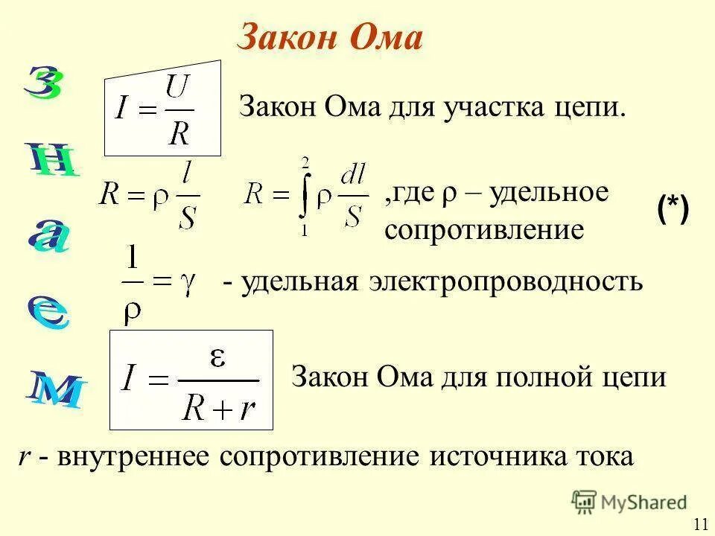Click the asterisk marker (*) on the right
coord(673,209)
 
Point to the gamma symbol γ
coord(187,283)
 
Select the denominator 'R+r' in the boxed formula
coord(218,406)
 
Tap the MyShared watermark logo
coord(629,502)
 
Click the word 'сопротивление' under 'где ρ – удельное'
coord(484,229)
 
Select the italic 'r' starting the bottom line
coord(24,458)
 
